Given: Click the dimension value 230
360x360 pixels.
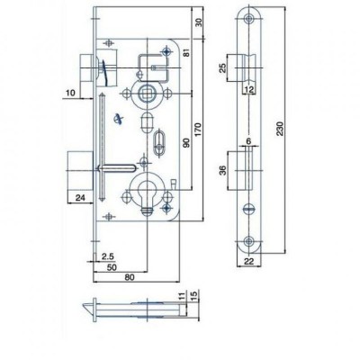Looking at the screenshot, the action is click(280, 129).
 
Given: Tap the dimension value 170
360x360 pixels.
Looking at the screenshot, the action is click(199, 130).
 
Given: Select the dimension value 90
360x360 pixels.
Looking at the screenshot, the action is click(186, 143).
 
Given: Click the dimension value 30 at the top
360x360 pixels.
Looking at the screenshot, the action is click(199, 22).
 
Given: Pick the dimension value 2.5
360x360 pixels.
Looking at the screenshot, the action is click(107, 256).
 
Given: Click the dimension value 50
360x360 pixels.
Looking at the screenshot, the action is click(112, 267).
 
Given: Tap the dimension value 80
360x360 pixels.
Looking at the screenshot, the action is click(130, 277).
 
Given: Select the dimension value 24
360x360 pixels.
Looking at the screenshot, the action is click(79, 198).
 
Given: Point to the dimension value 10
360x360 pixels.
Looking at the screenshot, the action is click(71, 93).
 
